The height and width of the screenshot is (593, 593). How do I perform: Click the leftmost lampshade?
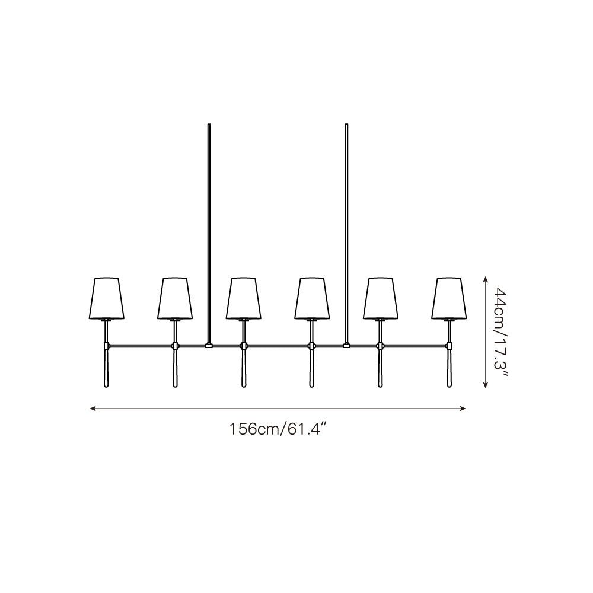click(x=106, y=298)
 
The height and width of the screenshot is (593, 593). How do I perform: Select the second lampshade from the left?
click(x=175, y=298)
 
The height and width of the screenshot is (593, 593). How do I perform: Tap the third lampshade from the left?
click(x=244, y=298)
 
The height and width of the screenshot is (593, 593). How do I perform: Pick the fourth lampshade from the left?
click(x=312, y=298)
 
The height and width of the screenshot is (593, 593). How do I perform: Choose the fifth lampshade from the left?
click(x=381, y=298)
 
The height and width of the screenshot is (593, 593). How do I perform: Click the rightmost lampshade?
click(x=449, y=298)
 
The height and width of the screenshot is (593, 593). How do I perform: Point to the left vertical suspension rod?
click(x=209, y=233)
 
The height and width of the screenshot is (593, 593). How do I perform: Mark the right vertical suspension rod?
click(x=346, y=233)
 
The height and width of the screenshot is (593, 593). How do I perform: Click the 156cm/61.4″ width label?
click(x=278, y=429)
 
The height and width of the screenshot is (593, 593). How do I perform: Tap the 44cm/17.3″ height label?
click(x=501, y=332)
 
